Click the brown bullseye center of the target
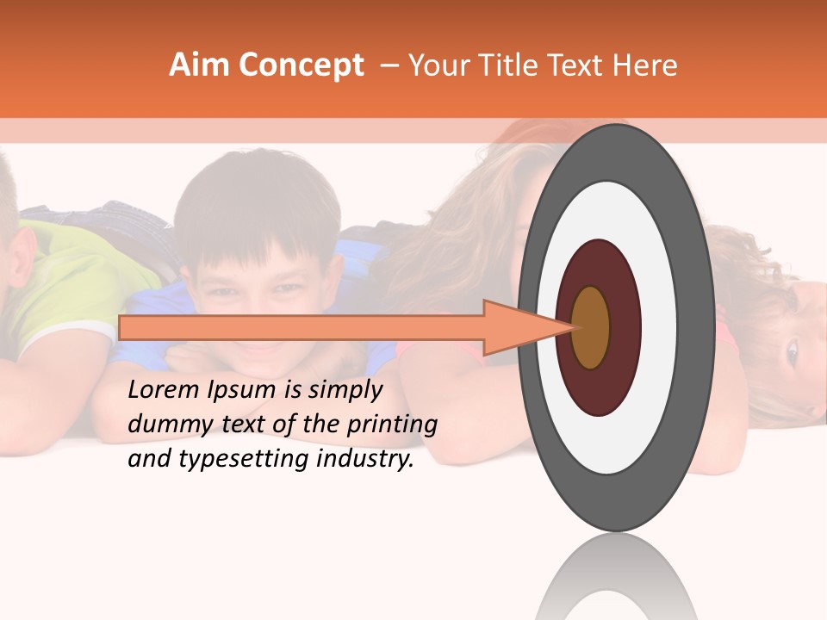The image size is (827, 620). (591, 327)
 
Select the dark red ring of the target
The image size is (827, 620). (599, 263)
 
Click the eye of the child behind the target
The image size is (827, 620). (792, 350)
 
